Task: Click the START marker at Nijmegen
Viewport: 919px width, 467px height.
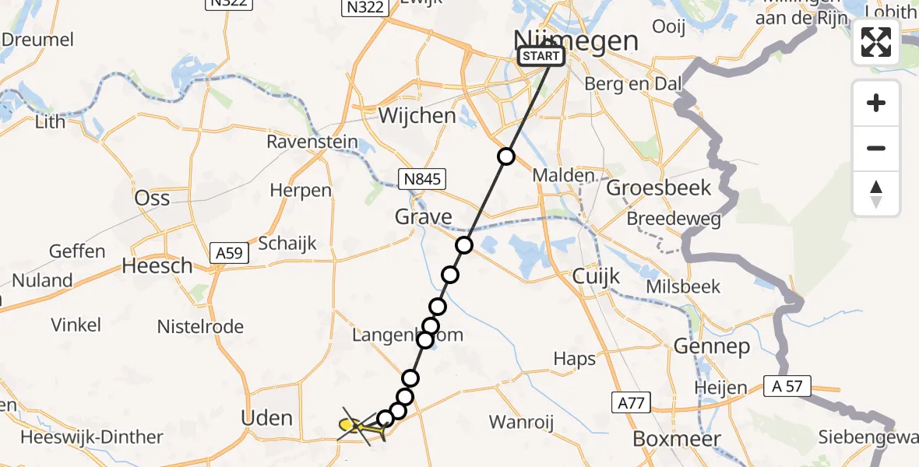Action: click(540, 56)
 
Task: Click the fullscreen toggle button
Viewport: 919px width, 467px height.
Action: click(876, 42)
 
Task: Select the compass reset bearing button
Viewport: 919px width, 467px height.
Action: click(876, 194)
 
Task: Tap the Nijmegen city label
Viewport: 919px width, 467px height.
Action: click(577, 40)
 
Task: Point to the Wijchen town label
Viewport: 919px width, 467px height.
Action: click(417, 116)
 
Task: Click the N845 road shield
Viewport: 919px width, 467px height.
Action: click(423, 180)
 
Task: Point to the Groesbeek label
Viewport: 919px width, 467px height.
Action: click(659, 188)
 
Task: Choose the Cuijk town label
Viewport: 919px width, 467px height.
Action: click(596, 276)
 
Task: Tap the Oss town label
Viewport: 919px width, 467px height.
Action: click(152, 198)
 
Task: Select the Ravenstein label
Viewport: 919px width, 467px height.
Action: click(312, 142)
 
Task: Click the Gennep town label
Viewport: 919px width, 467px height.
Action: click(712, 346)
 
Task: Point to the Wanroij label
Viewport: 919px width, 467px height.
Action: click(521, 423)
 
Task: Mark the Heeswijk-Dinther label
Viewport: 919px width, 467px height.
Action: click(92, 437)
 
